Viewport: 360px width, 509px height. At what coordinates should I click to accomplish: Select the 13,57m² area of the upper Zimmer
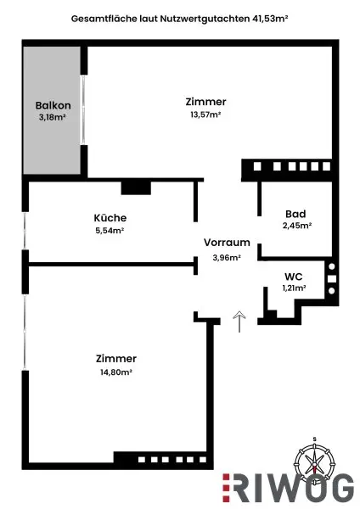pyautogui.click(x=205, y=115)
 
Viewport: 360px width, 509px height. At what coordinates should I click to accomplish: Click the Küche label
pyautogui.click(x=110, y=217)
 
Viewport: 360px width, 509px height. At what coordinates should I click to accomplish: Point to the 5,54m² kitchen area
pyautogui.click(x=110, y=229)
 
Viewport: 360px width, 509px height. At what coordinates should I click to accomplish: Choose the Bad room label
pyautogui.click(x=295, y=214)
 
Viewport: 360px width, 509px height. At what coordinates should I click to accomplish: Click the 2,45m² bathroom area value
pyautogui.click(x=295, y=226)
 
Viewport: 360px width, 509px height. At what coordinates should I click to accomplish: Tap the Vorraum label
pyautogui.click(x=227, y=243)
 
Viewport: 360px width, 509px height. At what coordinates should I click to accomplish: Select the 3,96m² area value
pyautogui.click(x=227, y=256)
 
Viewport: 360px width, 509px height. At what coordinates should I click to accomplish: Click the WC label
pyautogui.click(x=294, y=277)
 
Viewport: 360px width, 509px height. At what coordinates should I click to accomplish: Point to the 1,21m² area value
pyautogui.click(x=294, y=288)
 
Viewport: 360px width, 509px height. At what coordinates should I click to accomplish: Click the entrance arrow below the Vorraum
pyautogui.click(x=239, y=321)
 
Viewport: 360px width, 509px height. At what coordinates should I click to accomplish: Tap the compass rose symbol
pyautogui.click(x=314, y=463)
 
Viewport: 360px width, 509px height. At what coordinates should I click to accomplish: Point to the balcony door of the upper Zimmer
pyautogui.click(x=82, y=110)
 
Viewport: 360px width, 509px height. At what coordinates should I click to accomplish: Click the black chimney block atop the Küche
pyautogui.click(x=135, y=187)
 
